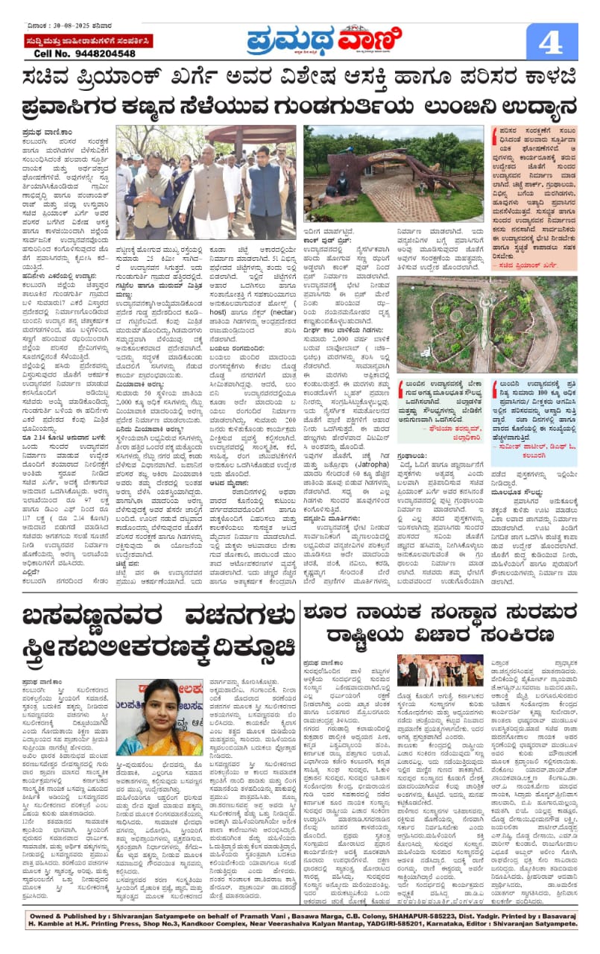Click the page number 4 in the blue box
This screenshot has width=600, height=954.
click(551, 42)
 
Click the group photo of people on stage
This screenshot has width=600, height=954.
click(439, 671)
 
